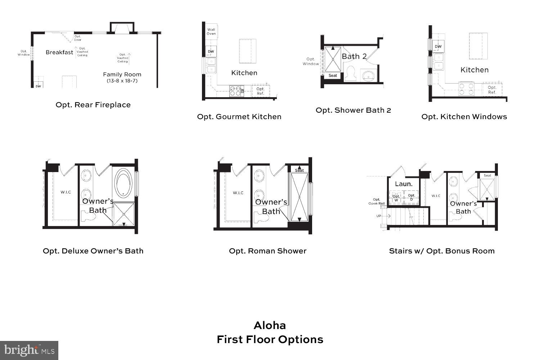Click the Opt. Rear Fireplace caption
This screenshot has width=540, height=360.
93,105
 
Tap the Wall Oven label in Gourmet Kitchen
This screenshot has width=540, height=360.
211,32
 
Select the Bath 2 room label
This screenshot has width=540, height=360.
354,56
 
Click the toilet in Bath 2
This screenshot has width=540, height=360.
350,73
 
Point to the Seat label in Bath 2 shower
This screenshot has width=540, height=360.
333,76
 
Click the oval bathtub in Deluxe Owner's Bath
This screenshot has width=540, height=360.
124,183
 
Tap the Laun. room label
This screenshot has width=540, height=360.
404,184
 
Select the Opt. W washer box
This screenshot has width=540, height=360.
396,198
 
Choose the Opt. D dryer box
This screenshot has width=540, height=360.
411,198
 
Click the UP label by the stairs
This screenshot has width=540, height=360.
379,216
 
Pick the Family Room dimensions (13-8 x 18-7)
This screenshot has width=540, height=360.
122,81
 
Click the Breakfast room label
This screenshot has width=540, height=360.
59,52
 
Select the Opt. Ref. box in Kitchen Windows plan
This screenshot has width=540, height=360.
492,90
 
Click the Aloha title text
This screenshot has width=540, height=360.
270,325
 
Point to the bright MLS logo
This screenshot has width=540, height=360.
29,350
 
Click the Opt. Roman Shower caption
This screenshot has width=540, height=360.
267,251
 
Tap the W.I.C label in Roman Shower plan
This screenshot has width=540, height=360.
238,193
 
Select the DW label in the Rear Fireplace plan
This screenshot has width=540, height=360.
38,86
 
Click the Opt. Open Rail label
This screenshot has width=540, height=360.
377,201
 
